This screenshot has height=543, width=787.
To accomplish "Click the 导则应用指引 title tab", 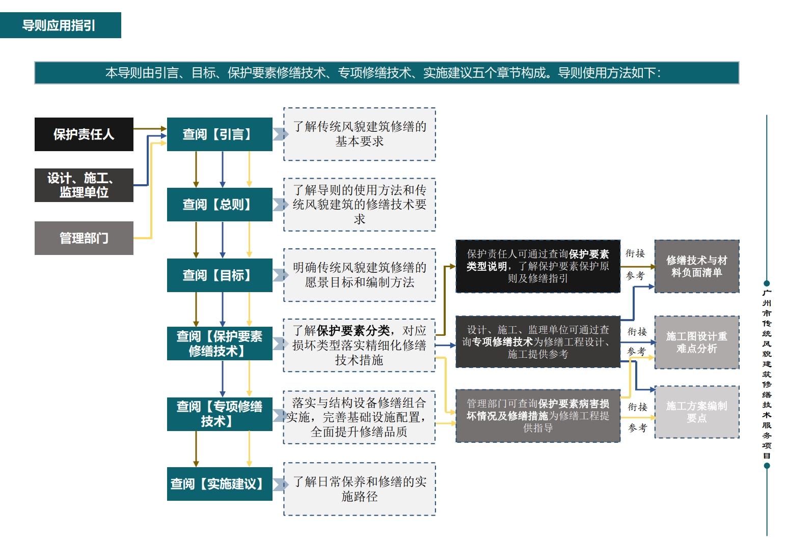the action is coord(61,25).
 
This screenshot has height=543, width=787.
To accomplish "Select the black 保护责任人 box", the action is coord(84,134).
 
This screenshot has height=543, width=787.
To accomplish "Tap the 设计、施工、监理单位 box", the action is coord(84,185).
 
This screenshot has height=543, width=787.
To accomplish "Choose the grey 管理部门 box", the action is coord(84,238).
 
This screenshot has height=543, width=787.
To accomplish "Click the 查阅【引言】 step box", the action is coord(220,134).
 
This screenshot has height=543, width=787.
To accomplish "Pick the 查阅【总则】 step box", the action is coord(220,204).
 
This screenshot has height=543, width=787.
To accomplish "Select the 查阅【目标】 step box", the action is coord(220,275).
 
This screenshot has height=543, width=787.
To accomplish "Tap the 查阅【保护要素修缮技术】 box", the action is coord(220,344).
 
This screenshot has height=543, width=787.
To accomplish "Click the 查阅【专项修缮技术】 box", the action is coord(220,414).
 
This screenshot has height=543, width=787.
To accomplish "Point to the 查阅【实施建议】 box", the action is coord(220,483).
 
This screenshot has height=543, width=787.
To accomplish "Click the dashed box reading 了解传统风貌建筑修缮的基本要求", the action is coord(360,134).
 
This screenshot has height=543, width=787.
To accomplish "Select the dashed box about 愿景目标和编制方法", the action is coord(360,275).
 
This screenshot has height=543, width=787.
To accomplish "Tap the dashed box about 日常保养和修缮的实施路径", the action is coord(360,489).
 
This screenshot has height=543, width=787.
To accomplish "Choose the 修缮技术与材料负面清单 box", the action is coord(697,266).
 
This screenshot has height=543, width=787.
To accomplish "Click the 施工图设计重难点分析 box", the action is coord(697,342).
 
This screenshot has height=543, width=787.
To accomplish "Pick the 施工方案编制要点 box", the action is coord(697,412).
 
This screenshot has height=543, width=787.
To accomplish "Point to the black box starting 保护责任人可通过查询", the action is coord(538,266).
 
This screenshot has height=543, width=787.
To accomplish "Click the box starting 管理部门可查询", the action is coord(538,416).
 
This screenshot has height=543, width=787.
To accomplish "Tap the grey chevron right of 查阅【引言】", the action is coord(280,134).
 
